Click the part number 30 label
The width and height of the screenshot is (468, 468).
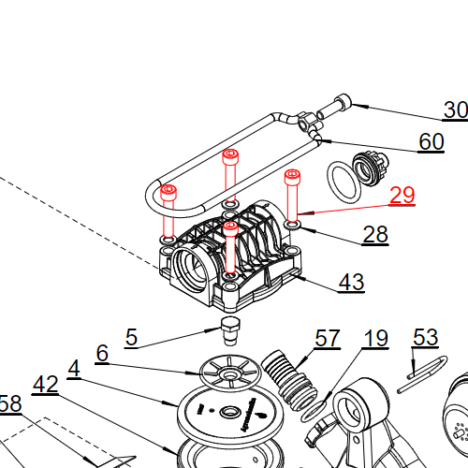pos(455,110)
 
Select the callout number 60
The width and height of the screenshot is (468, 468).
pos(431,142)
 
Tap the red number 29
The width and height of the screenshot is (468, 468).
pos(402,195)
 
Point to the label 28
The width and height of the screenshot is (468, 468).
pos(375,234)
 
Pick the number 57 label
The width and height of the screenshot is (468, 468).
pos(328,338)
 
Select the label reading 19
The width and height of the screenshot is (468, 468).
pos(375,338)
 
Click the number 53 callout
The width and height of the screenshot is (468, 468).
pos(425,337)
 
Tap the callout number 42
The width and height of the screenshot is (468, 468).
pos(46,384)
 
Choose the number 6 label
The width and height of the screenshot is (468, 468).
pos(102,353)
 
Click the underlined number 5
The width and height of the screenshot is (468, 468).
pos(131,337)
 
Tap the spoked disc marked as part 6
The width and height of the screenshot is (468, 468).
pos(227,373)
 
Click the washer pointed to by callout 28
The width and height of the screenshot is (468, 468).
pos(293,225)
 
